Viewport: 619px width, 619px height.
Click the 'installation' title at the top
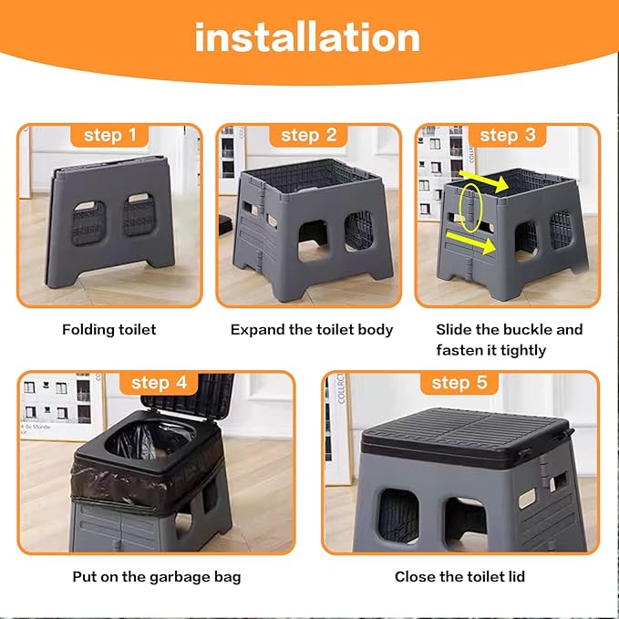(307, 37)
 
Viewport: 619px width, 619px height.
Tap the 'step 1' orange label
(109, 136)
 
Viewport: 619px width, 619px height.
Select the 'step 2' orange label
(308, 136)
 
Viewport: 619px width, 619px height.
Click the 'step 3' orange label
(507, 136)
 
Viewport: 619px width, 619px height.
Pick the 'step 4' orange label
(159, 382)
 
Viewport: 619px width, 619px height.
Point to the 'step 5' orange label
(459, 382)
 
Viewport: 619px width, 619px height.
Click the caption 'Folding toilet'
(109, 329)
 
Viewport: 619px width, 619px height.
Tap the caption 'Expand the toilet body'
(312, 329)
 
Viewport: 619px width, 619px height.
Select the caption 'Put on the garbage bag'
(157, 576)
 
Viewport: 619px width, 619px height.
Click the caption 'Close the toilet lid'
(459, 576)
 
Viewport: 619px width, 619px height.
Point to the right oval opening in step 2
(358, 232)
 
